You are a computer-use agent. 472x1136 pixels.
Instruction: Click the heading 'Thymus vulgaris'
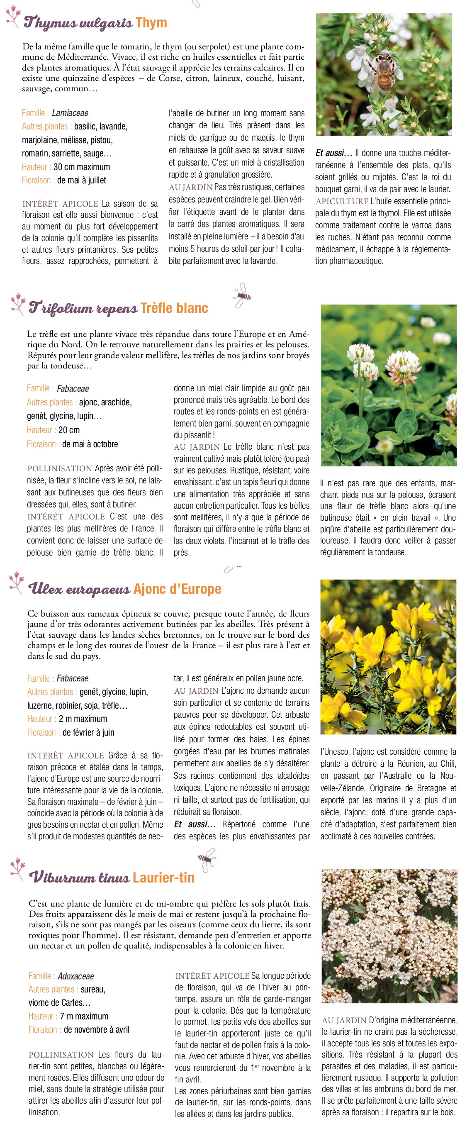point(78,22)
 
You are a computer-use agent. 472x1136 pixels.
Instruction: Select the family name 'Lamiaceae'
point(70,113)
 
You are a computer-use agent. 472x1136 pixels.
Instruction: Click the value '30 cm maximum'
point(82,167)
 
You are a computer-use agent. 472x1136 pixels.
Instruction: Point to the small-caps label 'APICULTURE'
point(341,202)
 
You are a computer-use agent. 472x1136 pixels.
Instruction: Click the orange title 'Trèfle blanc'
point(174,308)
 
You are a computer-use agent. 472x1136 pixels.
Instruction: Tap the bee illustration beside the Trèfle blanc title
point(242,295)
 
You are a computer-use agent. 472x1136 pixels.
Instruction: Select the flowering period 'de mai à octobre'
point(90,444)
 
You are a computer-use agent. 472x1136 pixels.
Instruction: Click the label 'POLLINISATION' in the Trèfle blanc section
point(59,468)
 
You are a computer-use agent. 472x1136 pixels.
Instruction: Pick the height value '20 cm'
point(69,430)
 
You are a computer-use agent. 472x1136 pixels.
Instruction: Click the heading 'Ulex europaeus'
point(79,589)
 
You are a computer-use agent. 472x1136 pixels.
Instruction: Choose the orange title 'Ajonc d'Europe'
point(177,589)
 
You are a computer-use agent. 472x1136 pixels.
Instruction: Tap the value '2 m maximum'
point(83,719)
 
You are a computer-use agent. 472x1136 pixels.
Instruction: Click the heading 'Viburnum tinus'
point(79,877)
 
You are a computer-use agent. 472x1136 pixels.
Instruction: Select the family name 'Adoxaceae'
point(76,976)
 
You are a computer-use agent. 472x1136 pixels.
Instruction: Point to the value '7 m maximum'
point(84,1016)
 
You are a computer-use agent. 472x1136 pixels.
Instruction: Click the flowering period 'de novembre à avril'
point(97,1030)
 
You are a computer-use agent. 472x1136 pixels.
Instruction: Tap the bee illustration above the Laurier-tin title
point(206,859)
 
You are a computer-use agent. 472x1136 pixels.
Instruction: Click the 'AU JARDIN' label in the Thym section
point(190,188)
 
